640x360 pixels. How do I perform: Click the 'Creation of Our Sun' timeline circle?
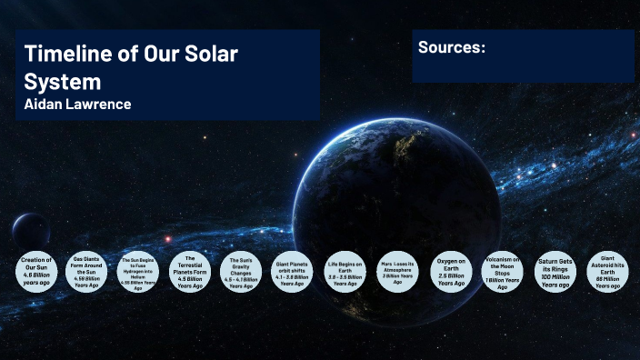pos(36,271)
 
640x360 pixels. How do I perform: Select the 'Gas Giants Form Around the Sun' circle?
pos(87,272)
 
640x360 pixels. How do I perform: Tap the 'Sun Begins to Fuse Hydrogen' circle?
pos(138,272)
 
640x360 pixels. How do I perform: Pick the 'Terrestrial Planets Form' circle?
pos(190,272)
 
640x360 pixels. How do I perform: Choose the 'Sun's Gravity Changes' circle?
pos(241,272)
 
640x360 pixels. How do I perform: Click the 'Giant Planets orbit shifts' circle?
pos(293,272)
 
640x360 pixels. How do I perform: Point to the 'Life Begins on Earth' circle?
pos(345,272)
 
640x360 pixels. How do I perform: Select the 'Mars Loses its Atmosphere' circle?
pos(397,272)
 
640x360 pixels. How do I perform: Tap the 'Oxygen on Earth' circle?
pos(451,272)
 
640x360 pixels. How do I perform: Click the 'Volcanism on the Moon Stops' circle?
pos(502,272)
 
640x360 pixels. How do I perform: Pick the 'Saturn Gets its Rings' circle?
pos(555,272)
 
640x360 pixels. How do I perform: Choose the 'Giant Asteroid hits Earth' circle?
pos(608,272)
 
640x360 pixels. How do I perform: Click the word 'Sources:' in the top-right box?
pos(452,46)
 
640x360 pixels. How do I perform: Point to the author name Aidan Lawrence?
pos(78,105)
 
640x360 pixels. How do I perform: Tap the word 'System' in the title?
pos(62,81)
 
